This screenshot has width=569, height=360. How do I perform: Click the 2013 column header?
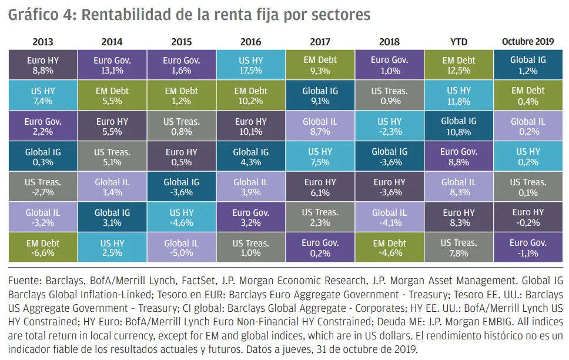click(x=42, y=42)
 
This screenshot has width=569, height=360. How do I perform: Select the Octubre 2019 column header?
click(x=527, y=42)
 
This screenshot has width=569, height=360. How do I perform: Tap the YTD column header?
click(x=458, y=42)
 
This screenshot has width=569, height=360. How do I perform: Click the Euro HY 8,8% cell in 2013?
click(x=42, y=65)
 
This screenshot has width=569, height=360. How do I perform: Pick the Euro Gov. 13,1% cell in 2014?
click(x=112, y=65)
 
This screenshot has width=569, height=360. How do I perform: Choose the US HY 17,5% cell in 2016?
click(x=250, y=65)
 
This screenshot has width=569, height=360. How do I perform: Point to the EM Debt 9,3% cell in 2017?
click(x=320, y=65)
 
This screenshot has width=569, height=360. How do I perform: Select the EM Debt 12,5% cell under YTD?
click(x=458, y=65)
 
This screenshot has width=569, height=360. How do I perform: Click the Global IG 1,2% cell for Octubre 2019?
click(x=528, y=65)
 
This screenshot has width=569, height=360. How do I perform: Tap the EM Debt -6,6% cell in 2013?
click(x=42, y=248)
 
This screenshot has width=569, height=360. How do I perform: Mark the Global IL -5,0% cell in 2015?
click(x=181, y=248)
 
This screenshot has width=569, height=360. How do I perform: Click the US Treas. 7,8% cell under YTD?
click(x=458, y=248)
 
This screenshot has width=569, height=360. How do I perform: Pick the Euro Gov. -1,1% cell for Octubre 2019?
click(x=528, y=248)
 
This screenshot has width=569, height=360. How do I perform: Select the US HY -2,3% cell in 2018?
click(x=389, y=126)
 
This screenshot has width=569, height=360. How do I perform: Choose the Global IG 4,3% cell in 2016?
click(x=250, y=156)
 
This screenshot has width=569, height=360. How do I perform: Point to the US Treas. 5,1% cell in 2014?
click(x=112, y=156)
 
